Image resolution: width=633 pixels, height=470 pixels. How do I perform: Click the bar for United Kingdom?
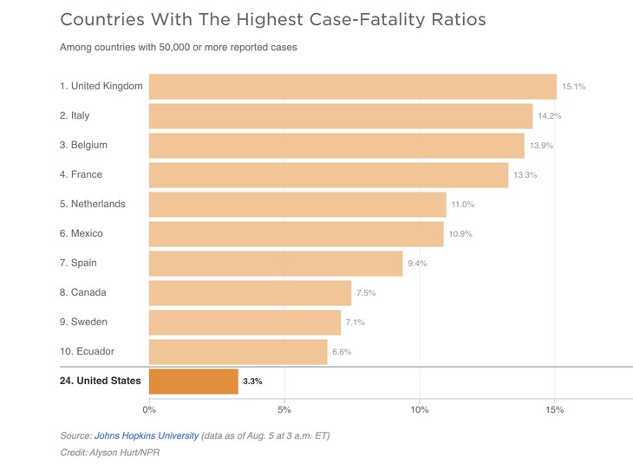coord(352,87)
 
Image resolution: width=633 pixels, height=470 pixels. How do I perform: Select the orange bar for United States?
coord(193,382)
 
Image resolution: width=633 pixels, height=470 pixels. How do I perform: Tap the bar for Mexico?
coord(296,234)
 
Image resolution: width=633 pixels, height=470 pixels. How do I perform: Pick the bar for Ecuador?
coord(238,352)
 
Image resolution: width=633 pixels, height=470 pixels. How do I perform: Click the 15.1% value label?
coord(574,87)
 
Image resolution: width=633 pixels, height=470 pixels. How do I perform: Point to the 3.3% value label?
coord(252,382)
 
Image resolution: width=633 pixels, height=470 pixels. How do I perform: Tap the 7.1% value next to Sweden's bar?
coord(355,323)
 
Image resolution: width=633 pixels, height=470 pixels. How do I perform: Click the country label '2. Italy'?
coord(75,115)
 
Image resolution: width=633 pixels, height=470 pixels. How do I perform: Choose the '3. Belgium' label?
coord(83,145)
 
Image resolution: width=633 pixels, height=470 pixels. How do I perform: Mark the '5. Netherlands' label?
coord(92,204)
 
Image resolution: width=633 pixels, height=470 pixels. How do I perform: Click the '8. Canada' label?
coord(83,292)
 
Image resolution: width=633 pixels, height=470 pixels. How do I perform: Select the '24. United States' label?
coord(100,381)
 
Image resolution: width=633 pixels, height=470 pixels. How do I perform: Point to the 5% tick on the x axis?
coord(284,409)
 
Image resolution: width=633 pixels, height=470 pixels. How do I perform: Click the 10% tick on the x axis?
coord(420,409)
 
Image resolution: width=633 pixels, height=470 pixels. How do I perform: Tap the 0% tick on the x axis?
coord(149,409)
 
